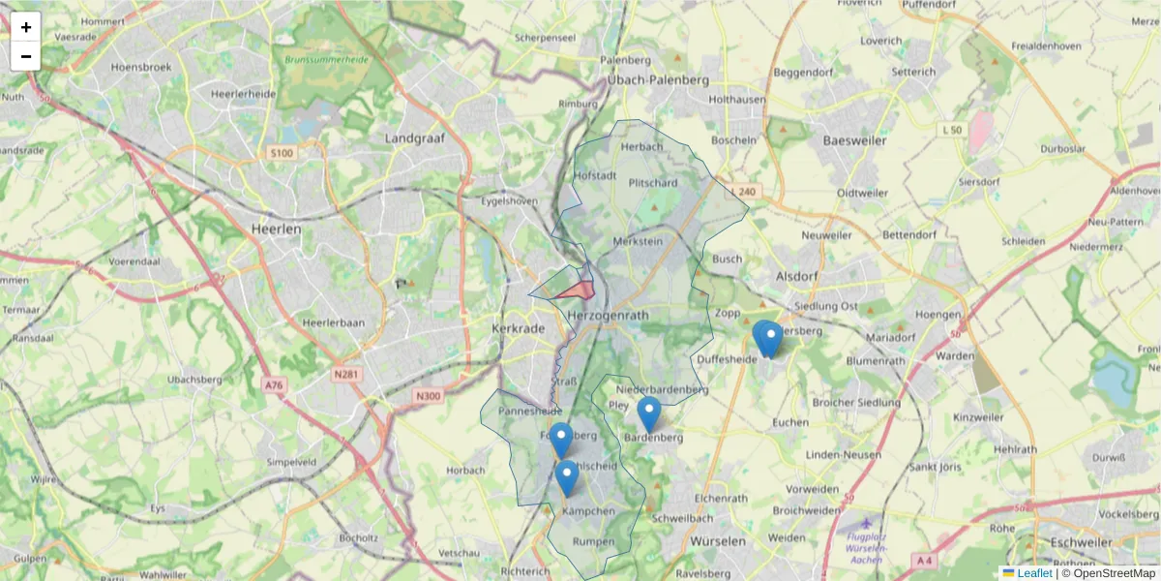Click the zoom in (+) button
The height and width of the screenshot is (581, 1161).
[26, 27]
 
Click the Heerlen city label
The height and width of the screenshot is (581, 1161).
[276, 229]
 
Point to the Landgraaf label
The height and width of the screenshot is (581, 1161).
[414, 138]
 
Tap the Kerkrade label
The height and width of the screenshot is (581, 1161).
[520, 329]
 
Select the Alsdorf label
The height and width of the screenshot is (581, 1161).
[798, 276]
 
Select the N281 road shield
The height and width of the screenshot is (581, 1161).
[345, 374]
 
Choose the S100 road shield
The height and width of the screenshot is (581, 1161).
[282, 153]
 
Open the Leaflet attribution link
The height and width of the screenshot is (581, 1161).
[1033, 573]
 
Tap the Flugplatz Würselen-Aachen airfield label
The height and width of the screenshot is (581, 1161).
[863, 548]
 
